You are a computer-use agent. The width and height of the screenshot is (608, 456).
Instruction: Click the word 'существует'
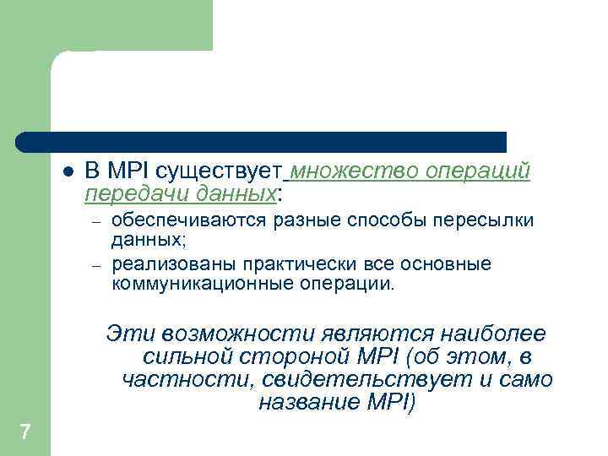tap(229, 171)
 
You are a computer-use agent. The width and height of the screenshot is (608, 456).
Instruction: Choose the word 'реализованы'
tap(161, 264)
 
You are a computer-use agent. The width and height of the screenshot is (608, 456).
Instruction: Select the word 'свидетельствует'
tap(371, 380)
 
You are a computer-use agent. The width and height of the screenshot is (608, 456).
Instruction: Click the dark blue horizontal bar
tap(262, 142)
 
